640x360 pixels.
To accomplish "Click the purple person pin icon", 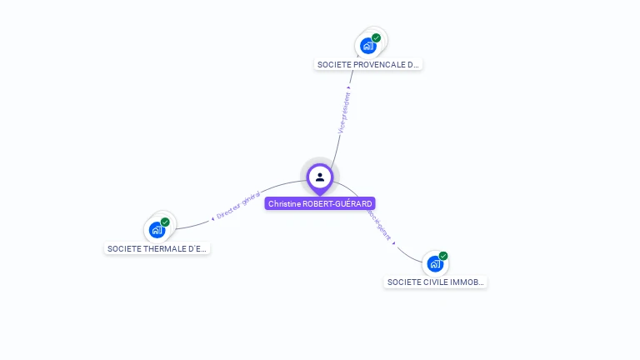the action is tap(320, 177).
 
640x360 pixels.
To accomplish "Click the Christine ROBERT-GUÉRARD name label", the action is tap(320, 203).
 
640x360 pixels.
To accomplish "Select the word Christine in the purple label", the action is tap(284, 203).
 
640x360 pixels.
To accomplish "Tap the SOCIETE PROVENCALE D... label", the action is tap(368, 64).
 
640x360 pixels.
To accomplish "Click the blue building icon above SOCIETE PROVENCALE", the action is tap(368, 46).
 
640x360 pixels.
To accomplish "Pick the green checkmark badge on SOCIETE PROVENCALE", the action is tap(377, 37).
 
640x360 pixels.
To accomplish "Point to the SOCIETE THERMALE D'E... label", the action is tap(157, 248).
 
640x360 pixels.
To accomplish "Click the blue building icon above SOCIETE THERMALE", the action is tap(157, 230).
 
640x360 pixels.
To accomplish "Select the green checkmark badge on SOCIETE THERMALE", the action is tap(165, 222).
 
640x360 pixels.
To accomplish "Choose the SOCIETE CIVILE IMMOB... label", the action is tap(436, 282).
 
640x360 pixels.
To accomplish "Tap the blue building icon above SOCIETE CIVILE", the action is tap(435, 264).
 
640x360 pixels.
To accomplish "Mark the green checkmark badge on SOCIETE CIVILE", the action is tap(443, 256).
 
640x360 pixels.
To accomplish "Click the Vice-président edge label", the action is tap(343, 112).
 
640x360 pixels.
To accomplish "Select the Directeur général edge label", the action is tap(238, 205).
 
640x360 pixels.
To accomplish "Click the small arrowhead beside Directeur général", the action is tap(212, 218).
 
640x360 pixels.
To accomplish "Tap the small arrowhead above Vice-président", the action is tap(348, 87).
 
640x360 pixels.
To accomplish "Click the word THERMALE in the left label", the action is tap(162, 248).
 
